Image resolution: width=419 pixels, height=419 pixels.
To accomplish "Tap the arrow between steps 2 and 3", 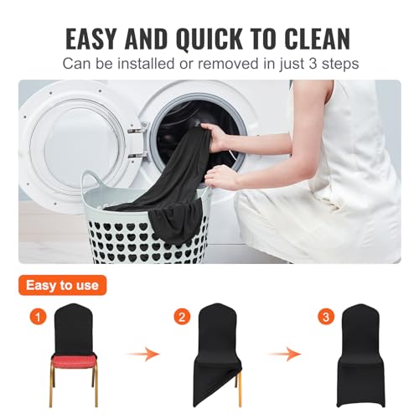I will click(x=286, y=354).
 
